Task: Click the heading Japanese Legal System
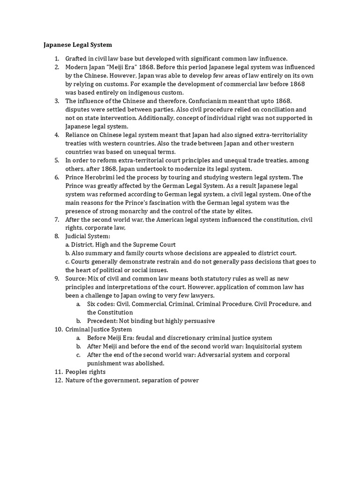click(x=77, y=45)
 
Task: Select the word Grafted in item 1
click(x=77, y=59)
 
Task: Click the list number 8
click(x=56, y=236)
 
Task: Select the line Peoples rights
click(x=85, y=372)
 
